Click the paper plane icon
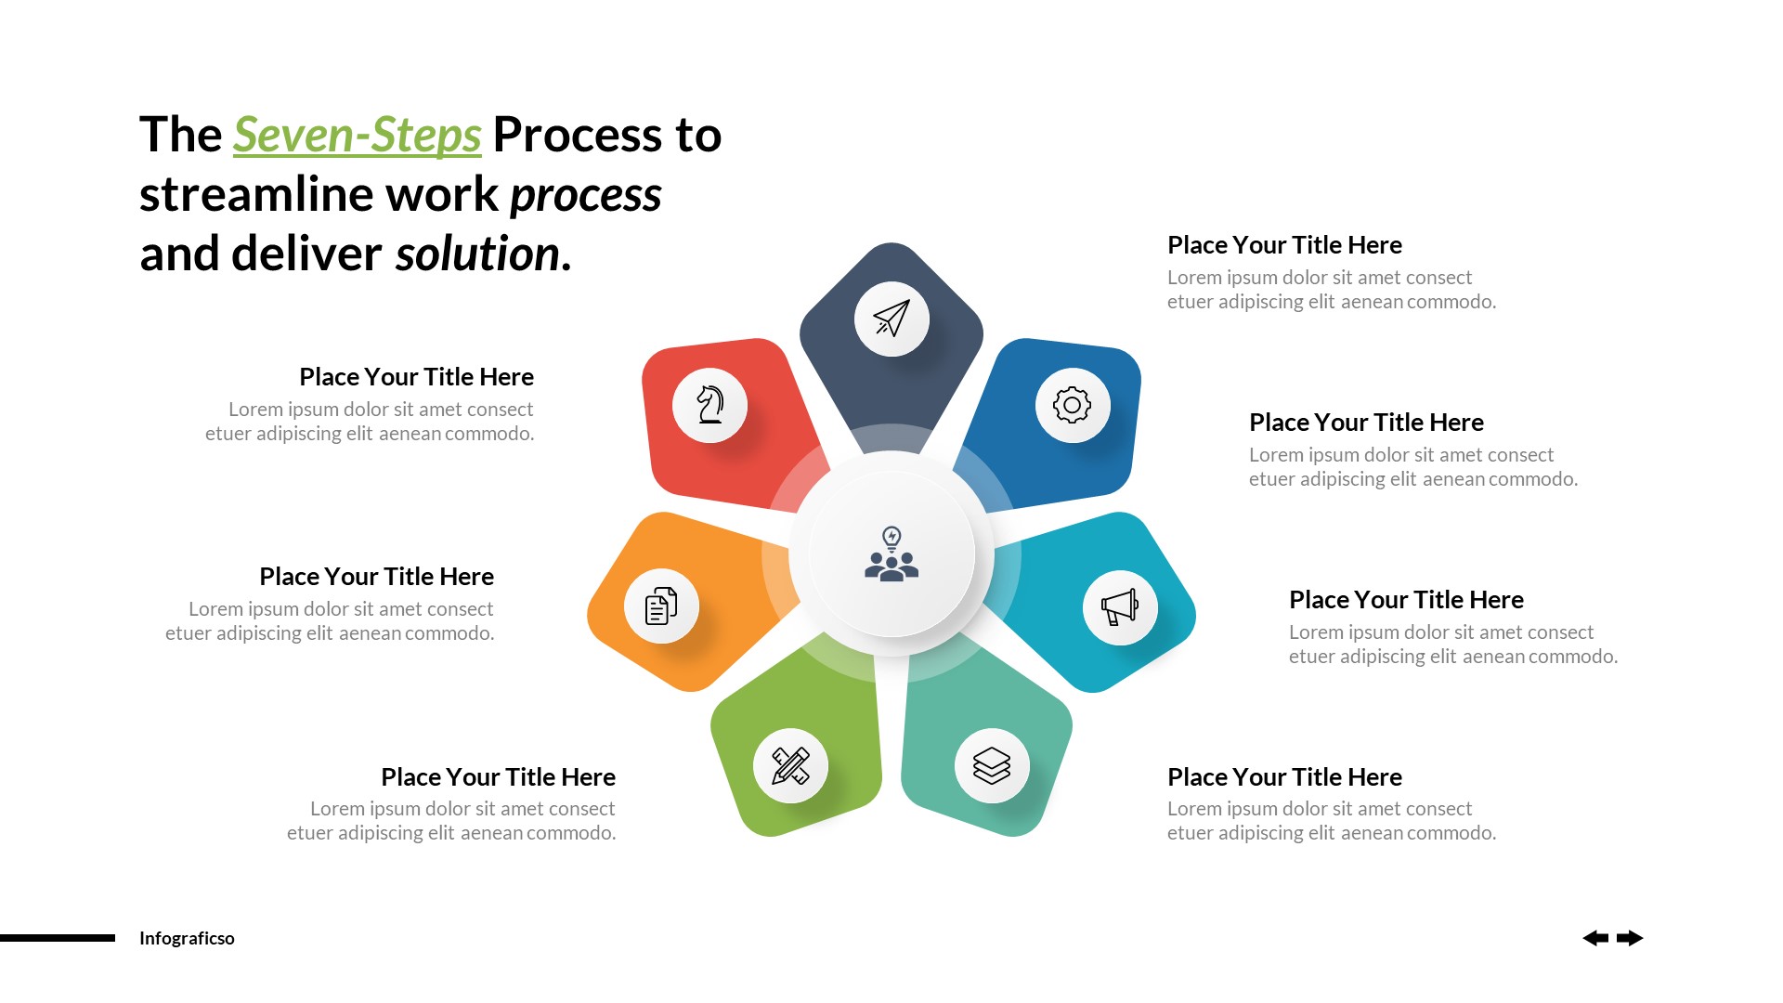[891, 319]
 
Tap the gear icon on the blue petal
[1072, 405]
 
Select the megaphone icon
[1119, 607]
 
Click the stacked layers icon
[992, 765]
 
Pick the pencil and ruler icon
[790, 765]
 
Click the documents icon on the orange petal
[661, 606]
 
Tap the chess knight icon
[710, 405]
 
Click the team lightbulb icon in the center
[891, 554]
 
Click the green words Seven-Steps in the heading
[357, 136]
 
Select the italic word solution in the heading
[477, 254]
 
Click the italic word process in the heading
[585, 195]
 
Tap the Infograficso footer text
[187, 938]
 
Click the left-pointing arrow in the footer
[1595, 938]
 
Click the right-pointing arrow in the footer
[1630, 938]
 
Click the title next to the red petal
[416, 377]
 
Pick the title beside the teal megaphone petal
[1406, 600]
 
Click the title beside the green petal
[498, 776]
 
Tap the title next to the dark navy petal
[1284, 245]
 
